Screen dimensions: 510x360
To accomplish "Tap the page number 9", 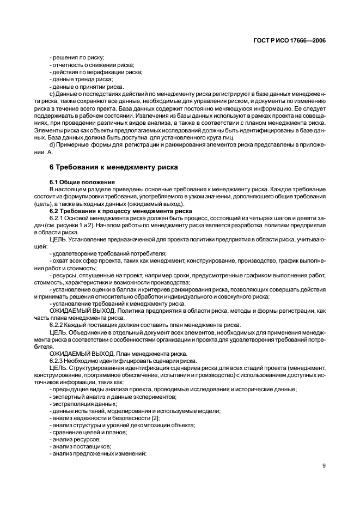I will click(324, 466).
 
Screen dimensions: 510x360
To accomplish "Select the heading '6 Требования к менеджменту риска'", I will click(113, 167).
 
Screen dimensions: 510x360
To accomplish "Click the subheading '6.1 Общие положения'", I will click(82, 181).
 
